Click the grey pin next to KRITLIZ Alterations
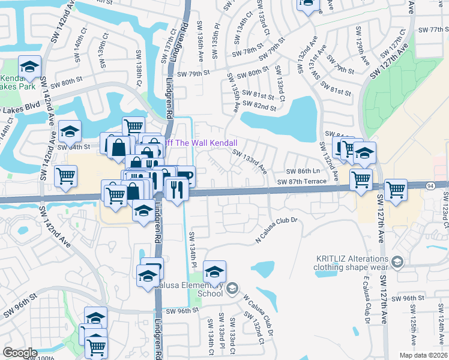[x=397, y=262]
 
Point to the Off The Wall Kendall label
[x=200, y=143]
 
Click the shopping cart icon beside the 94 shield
[x=396, y=190]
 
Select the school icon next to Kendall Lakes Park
[x=29, y=67]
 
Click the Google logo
[x=20, y=353]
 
